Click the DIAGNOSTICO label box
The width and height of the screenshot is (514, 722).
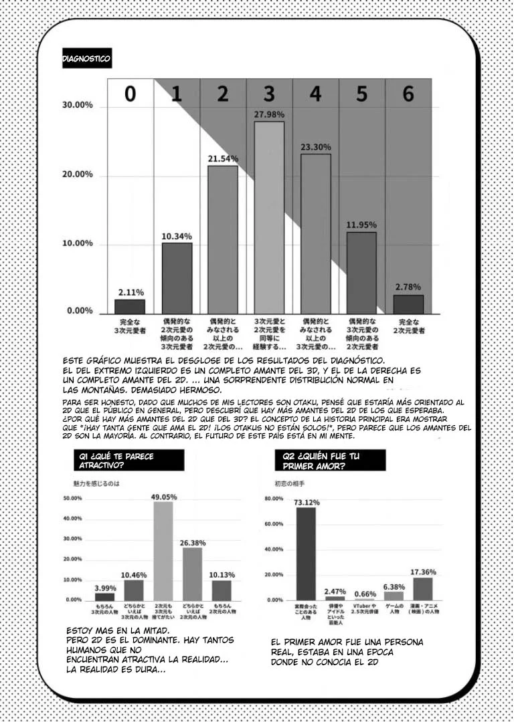tap(86, 59)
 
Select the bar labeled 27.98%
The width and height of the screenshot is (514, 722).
tap(268, 217)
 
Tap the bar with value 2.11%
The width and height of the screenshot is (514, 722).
tap(130, 306)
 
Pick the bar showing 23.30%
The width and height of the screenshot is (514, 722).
tap(315, 233)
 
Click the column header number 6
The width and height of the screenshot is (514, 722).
tap(408, 94)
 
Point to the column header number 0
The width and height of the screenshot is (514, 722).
tap(130, 94)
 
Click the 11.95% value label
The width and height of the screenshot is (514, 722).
tap(361, 225)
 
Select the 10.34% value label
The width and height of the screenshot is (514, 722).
tap(176, 236)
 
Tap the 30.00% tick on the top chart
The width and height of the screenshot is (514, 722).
tap(77, 106)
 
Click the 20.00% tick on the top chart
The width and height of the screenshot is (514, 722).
tap(77, 174)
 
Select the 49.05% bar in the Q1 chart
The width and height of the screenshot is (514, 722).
tap(163, 550)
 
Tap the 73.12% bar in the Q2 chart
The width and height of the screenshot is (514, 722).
tap(306, 554)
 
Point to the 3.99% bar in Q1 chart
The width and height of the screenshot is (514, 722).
tap(104, 596)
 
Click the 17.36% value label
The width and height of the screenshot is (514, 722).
tap(423, 572)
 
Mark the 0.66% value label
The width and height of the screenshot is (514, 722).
tap(364, 594)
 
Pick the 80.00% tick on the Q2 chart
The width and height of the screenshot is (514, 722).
tap(274, 499)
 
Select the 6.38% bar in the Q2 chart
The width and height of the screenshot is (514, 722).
tap(394, 596)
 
